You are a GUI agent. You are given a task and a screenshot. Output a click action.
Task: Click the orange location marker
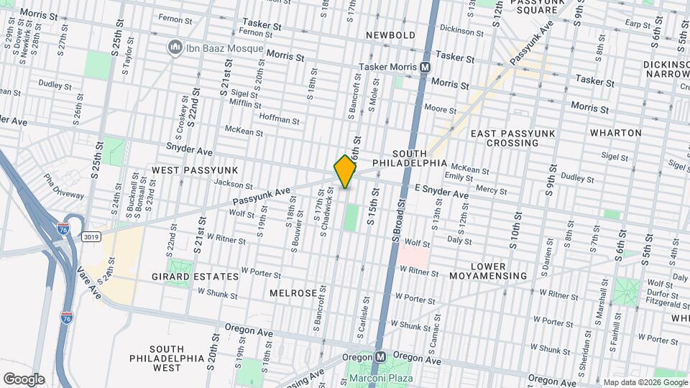click(345, 172)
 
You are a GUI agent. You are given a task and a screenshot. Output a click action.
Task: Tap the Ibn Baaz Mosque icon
click(174, 48)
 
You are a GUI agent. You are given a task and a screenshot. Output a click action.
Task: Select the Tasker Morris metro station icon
click(425, 67)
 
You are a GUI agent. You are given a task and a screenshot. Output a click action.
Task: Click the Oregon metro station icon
click(380, 357)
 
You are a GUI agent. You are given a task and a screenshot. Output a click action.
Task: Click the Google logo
click(24, 379)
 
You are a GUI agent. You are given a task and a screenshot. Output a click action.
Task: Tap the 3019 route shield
click(91, 236)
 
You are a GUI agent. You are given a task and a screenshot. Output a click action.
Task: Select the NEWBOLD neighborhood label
click(390, 35)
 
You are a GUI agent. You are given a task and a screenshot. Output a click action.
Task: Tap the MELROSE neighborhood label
click(293, 294)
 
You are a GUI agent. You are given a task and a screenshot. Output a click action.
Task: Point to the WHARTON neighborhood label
click(615, 133)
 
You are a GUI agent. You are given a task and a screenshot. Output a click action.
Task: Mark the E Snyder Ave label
click(441, 194)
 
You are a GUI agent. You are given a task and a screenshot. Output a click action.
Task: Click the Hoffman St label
click(278, 119)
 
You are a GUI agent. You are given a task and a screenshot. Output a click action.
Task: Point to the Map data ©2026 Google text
click(645, 382)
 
